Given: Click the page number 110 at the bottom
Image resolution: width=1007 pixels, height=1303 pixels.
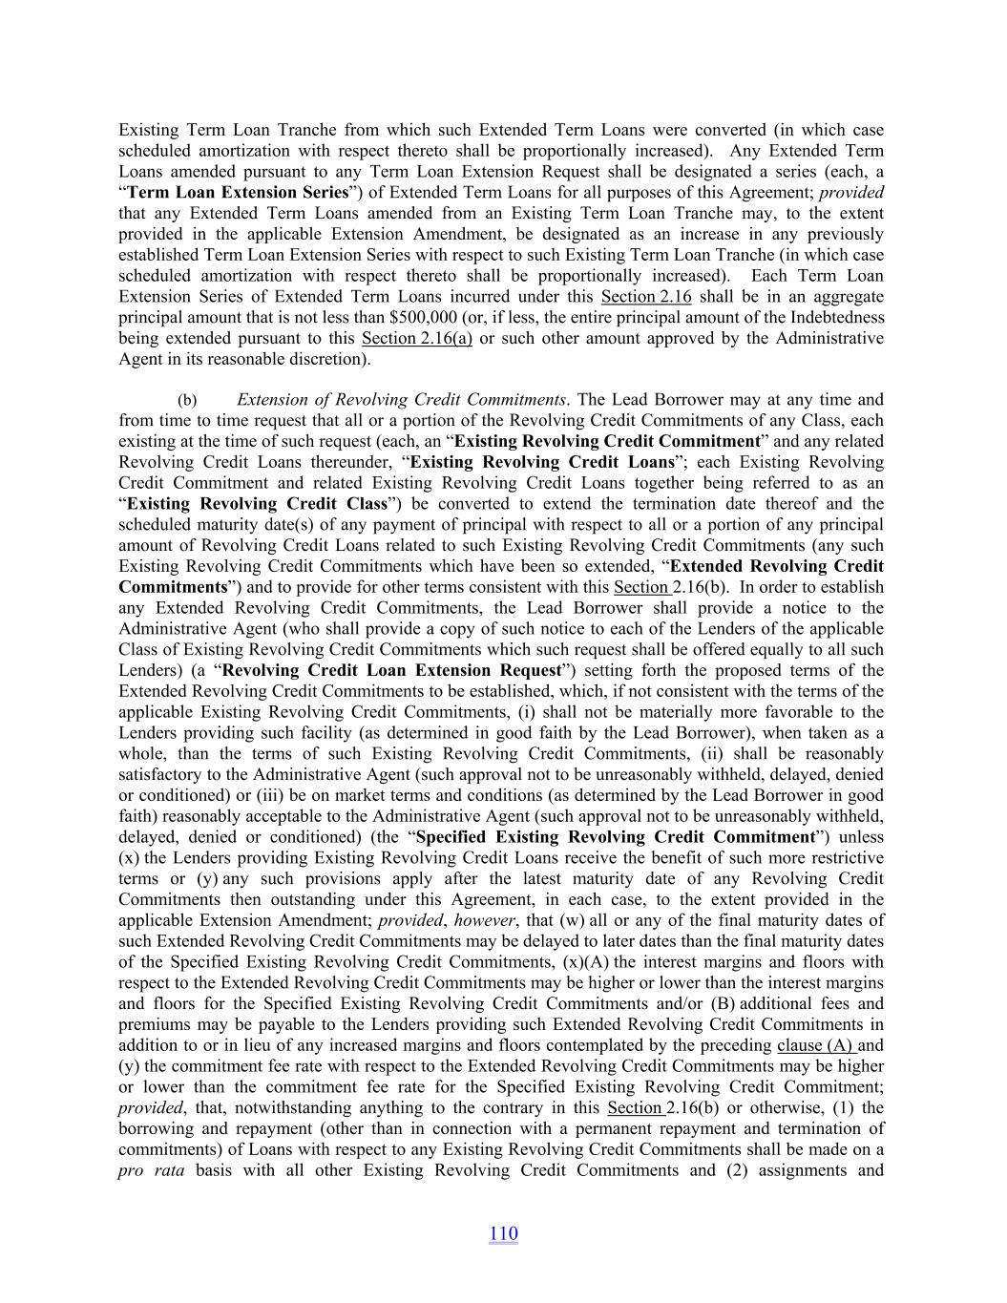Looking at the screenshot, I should [x=503, y=1233].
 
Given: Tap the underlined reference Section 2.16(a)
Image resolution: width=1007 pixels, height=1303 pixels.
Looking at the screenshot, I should [x=417, y=338].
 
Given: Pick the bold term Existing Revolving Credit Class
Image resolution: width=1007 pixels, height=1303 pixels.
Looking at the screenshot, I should [x=257, y=503].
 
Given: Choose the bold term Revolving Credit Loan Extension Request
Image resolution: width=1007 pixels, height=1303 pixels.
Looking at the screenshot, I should [x=391, y=670].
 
